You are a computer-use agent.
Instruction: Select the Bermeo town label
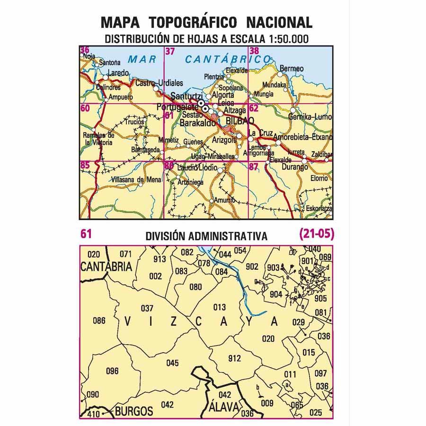coord(292,69)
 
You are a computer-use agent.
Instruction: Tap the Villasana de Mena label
coord(136,179)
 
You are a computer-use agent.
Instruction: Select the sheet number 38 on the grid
coord(254,52)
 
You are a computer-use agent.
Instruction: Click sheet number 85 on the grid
coord(85,165)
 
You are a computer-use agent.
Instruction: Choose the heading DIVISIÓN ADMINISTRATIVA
coord(206,236)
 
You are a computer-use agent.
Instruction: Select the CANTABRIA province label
coord(106,267)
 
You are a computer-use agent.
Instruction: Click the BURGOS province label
coord(134,410)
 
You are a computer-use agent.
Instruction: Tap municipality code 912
coord(234,358)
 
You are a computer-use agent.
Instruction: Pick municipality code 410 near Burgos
coord(94,415)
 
